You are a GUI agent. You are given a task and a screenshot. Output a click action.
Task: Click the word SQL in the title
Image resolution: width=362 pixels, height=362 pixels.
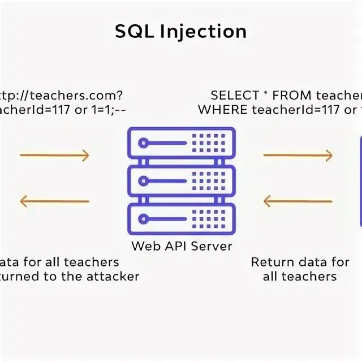coord(135,31)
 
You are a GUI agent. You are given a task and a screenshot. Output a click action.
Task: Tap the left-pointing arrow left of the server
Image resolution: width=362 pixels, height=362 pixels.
coord(54,201)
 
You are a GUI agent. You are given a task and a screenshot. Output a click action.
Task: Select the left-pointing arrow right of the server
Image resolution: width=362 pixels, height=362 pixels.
coord(298,201)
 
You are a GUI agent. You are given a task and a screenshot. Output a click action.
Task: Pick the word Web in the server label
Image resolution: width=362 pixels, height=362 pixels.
coord(143,247)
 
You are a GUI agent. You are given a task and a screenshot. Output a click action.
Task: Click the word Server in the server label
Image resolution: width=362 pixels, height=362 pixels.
coord(212,247)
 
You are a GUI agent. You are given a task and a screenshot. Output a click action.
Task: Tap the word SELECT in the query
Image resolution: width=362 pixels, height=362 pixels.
coord(232,95)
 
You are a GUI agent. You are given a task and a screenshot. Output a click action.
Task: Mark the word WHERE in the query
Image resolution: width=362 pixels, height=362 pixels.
coord(221,109)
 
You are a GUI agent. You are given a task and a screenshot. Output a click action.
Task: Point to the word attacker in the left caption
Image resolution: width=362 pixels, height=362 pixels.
coord(112,277)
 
